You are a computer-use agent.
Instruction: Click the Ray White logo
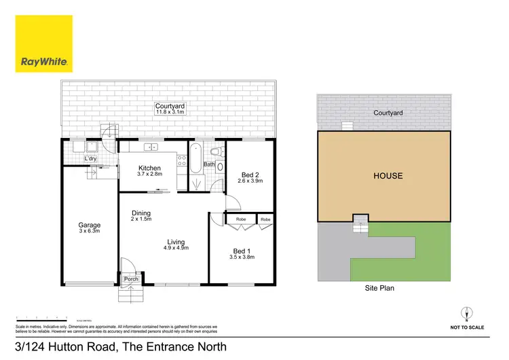[x=43, y=44]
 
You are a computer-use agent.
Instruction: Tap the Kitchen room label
[x=149, y=168]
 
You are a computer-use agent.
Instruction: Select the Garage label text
[x=89, y=225]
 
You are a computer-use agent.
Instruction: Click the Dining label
[x=141, y=213]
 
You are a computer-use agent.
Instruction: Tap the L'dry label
[x=90, y=159]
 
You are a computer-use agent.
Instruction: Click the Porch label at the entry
[x=130, y=279]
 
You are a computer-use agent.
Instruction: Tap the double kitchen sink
[x=149, y=146]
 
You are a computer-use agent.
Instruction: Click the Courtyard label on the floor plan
[x=170, y=107]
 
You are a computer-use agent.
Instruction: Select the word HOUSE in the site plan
[x=388, y=176]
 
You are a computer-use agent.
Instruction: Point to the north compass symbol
[x=466, y=313]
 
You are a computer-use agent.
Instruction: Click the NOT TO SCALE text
[x=467, y=327]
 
